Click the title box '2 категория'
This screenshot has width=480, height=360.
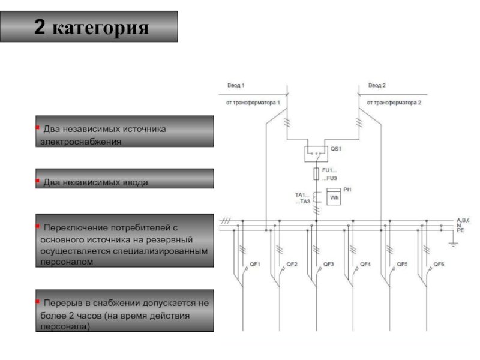(x=91, y=27)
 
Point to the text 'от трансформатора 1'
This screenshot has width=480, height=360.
(x=254, y=103)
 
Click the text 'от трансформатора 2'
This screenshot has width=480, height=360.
(x=395, y=103)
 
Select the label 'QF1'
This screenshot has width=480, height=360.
(x=254, y=264)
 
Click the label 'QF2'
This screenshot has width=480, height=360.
(x=292, y=264)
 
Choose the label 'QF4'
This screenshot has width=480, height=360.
(x=365, y=264)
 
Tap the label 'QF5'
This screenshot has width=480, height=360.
(x=401, y=264)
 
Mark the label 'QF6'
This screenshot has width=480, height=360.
(x=439, y=264)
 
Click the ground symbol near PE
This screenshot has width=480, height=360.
(x=454, y=242)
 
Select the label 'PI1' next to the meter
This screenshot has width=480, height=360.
(x=347, y=190)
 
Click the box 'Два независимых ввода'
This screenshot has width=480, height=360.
(x=124, y=181)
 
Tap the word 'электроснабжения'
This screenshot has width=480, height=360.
(x=80, y=142)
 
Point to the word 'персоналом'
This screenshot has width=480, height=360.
(x=64, y=262)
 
